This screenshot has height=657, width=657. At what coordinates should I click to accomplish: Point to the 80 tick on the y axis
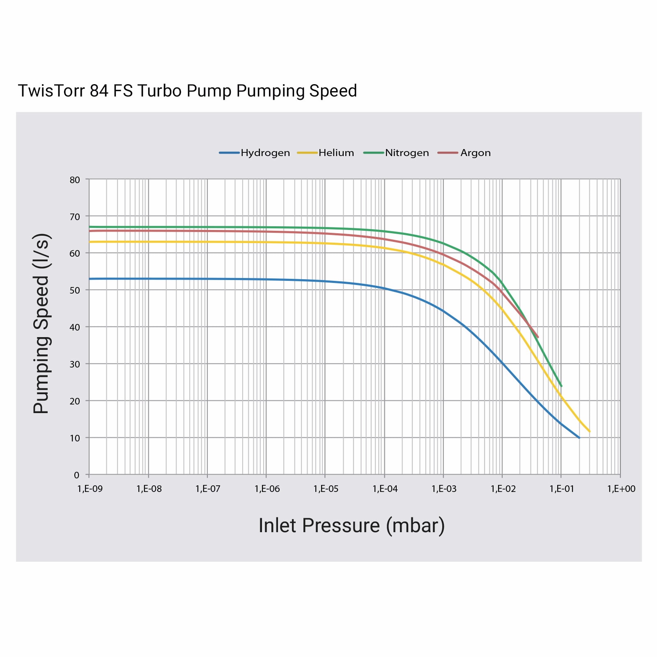coord(75,180)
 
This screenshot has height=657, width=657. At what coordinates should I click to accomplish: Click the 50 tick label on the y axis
coord(75,290)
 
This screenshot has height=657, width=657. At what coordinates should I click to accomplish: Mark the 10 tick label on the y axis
coord(75,438)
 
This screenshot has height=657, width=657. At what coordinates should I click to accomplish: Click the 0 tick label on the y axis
coord(76,475)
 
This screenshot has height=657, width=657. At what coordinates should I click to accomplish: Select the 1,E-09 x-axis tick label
coord(90,489)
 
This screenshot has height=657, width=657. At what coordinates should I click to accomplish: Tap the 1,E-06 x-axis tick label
coord(267,489)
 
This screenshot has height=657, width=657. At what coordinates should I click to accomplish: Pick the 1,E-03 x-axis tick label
coord(444,489)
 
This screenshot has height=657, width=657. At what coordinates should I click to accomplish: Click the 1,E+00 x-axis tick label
coord(621,489)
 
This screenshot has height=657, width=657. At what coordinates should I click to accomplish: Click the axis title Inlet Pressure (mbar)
coord(351,526)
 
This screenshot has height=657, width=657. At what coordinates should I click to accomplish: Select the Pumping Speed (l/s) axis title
coord(41,324)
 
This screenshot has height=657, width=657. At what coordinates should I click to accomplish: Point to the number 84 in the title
coord(99,91)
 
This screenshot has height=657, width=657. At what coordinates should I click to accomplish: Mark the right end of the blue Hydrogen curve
coord(579,438)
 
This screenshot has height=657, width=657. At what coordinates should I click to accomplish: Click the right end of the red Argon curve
coord(538,337)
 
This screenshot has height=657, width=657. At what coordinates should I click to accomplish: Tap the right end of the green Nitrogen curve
coord(561,386)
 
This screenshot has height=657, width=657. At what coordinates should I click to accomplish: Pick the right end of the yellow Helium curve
coord(589,431)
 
